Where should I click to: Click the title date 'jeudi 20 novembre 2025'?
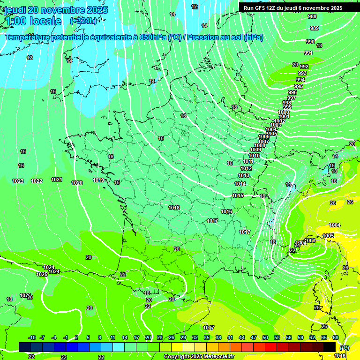point(56,10)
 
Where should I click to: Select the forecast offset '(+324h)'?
point(84,21)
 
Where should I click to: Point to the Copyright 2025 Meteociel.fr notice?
point(199,356)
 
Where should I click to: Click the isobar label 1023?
point(18,181)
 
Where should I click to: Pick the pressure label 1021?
point(57,180)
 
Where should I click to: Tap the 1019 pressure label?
point(98,180)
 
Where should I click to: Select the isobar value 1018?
point(174,207)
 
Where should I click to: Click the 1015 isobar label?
point(238,195)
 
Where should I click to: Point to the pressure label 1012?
point(246,168)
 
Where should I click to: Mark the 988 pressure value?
point(312,16)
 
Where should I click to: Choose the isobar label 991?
point(308,53)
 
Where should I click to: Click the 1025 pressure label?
point(42,274)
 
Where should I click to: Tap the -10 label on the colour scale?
point(32,337)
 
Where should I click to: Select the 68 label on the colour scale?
point(336,337)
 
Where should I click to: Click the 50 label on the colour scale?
point(265,337)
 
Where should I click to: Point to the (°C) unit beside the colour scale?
point(345,347)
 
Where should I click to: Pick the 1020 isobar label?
point(77,183)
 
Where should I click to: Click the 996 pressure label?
point(292,92)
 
